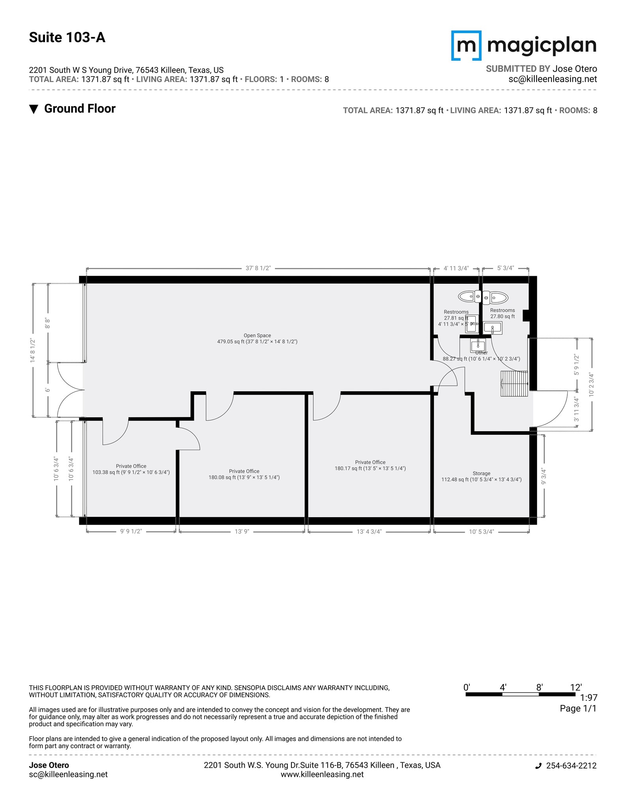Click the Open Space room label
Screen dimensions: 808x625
click(257, 339)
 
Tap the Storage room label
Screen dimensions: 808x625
click(481, 477)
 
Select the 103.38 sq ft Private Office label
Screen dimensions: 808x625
click(131, 469)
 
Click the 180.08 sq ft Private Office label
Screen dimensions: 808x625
click(244, 474)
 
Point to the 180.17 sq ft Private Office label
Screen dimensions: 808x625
click(370, 465)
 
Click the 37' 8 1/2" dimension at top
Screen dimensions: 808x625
click(258, 268)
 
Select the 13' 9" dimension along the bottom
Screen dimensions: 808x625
click(242, 532)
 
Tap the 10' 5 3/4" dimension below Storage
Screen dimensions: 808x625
click(481, 532)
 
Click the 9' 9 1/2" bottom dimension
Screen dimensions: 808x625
click(131, 532)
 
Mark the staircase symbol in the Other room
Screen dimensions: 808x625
click(514, 383)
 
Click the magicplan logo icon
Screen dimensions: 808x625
click(466, 46)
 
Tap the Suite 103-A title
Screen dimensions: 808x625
click(67, 37)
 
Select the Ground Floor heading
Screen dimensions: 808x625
click(79, 109)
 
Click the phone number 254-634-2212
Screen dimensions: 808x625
click(571, 766)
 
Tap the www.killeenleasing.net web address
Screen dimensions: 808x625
click(322, 774)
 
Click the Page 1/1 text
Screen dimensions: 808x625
click(578, 709)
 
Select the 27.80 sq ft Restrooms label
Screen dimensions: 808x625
click(502, 313)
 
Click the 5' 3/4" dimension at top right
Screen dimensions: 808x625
click(505, 268)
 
